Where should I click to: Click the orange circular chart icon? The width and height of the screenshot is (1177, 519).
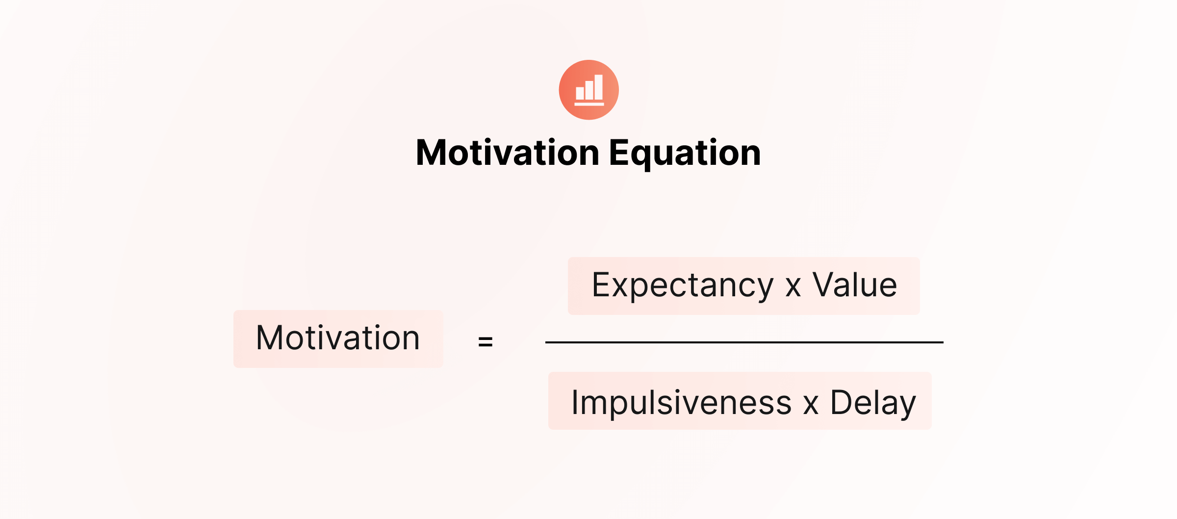588,90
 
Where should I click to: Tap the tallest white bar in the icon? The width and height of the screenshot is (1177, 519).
599,87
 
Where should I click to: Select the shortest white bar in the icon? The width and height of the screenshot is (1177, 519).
580,93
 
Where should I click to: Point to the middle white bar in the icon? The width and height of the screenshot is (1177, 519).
589,90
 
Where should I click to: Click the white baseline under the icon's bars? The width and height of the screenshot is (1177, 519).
589,104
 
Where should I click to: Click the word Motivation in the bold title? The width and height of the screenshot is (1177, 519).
508,153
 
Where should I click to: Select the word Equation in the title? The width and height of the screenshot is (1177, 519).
685,154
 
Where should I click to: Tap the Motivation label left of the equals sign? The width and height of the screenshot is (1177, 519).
338,338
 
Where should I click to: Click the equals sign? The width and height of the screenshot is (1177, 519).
486,341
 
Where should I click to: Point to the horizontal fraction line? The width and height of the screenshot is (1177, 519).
744,342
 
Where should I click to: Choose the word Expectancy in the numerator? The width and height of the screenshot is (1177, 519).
683,285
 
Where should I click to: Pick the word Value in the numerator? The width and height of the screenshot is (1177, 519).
855,285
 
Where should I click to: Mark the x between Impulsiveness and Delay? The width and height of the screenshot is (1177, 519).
811,406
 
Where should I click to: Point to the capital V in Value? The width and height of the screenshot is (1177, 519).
825,285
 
